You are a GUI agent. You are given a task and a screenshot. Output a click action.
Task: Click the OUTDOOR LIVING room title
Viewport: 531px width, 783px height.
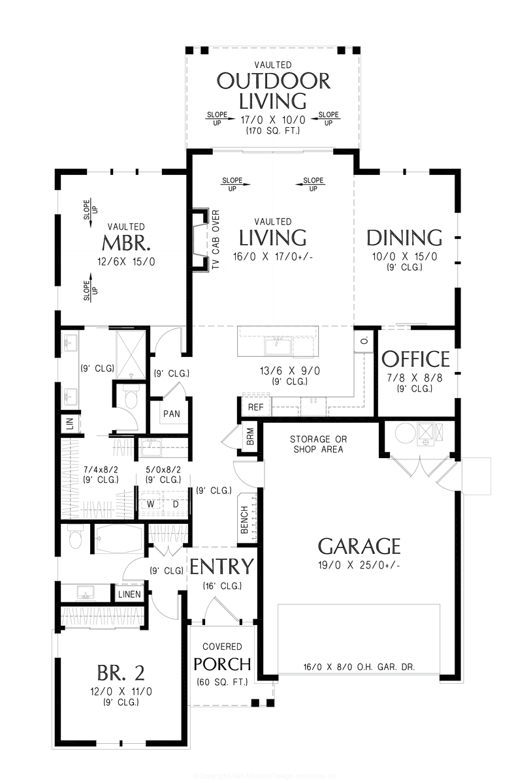click(x=273, y=91)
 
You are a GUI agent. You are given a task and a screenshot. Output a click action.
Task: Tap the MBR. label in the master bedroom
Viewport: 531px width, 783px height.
click(x=127, y=243)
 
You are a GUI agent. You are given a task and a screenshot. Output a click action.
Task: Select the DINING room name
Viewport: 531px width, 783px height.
click(x=404, y=238)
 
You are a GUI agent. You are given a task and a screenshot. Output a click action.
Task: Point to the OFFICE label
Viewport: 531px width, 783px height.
click(x=415, y=360)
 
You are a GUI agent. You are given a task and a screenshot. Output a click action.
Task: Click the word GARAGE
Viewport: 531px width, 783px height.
click(x=359, y=545)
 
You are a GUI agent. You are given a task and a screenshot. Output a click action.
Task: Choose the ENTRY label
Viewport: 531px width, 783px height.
click(x=221, y=567)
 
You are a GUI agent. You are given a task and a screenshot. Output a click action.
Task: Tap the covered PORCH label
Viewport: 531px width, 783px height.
click(x=222, y=664)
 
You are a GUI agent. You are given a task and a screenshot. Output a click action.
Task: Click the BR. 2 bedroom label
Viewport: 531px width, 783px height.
click(x=121, y=671)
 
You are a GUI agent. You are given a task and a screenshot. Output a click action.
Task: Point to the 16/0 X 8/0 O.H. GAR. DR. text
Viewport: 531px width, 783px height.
click(x=359, y=667)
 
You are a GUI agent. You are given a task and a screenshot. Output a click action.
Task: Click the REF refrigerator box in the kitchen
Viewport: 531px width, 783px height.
click(x=255, y=407)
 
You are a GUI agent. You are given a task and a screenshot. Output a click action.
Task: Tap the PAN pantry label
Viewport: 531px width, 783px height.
click(x=172, y=414)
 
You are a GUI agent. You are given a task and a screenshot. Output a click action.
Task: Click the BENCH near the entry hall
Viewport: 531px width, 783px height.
click(x=244, y=520)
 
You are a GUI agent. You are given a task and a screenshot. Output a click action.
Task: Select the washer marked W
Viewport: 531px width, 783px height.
click(x=150, y=504)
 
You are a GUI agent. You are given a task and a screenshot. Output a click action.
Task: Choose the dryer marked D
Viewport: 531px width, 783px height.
click(x=174, y=504)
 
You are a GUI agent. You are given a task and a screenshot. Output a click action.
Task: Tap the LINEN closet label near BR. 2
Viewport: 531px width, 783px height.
click(x=129, y=594)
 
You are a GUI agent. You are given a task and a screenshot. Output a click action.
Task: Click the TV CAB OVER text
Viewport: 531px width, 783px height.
click(x=216, y=241)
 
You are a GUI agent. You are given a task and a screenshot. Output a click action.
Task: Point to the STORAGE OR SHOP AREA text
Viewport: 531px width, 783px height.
click(x=318, y=444)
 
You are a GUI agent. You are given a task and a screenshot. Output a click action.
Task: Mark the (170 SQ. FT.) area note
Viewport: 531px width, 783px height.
click(x=273, y=131)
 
